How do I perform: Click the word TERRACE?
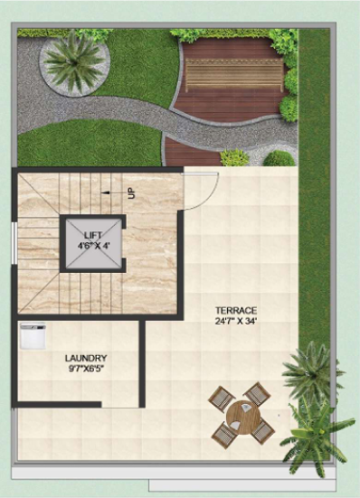[x=236, y=310]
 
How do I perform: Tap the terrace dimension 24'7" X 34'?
[x=236, y=321]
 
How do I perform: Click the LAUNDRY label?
[x=86, y=358]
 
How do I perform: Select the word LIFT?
[x=93, y=235]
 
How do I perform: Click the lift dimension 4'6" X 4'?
[x=94, y=246]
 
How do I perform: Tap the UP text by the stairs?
[x=131, y=193]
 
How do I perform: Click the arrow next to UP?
[x=110, y=193]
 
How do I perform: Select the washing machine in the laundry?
[x=33, y=336]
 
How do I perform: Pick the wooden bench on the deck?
[x=234, y=75]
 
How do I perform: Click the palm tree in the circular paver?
[x=74, y=61]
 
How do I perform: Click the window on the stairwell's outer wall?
[x=14, y=243]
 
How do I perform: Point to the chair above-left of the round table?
[x=223, y=398]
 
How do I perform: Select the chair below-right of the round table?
[x=263, y=432]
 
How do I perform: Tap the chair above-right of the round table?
[x=258, y=394]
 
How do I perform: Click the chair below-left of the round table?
[x=224, y=436]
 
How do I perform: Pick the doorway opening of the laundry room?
[x=120, y=405]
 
